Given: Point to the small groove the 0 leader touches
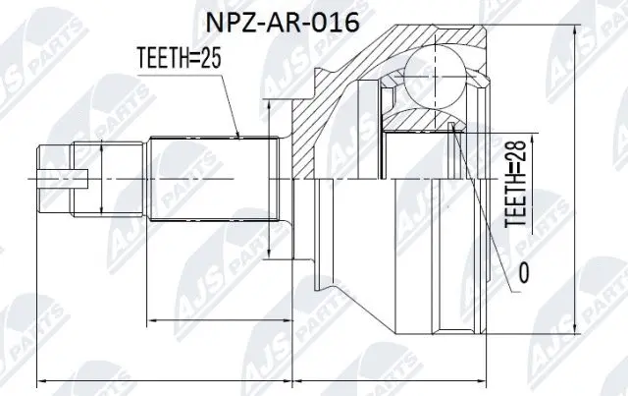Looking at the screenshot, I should coord(452,128).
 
